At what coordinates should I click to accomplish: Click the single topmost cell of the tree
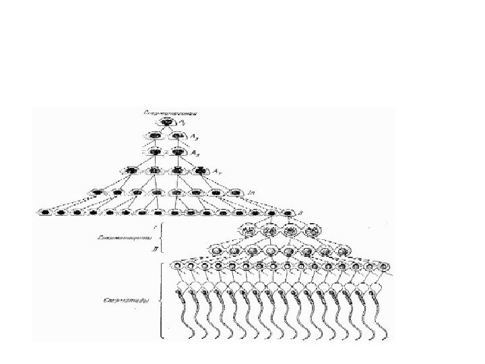coord(166,123)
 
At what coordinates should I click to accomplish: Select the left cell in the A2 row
coord(155,137)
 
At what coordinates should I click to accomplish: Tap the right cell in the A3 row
coord(178,152)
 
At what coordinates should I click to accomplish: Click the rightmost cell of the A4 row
coord(200,171)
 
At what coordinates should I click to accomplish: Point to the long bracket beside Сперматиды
coord(161,298)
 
